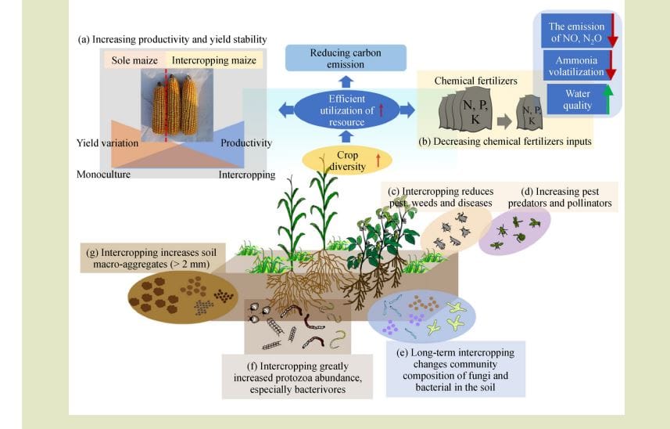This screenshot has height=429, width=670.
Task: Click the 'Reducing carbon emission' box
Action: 346,58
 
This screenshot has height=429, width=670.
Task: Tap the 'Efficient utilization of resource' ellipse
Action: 346,110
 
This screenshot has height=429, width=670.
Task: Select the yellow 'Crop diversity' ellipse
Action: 347,160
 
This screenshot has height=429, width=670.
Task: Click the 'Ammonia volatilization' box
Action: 576,66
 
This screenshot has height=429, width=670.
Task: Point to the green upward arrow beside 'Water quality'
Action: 607,99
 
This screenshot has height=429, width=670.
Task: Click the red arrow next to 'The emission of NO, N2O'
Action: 613,31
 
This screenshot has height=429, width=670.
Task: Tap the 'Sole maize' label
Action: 134,60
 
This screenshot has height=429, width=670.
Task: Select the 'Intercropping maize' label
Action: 214,60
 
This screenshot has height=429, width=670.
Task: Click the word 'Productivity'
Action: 246,142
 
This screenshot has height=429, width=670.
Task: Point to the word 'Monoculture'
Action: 103,174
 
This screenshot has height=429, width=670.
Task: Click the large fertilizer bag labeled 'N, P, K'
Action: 469,109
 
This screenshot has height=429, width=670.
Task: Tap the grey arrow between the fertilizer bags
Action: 504,121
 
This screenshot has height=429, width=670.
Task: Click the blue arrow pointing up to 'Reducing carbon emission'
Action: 346,81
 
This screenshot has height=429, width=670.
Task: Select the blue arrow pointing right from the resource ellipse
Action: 407,110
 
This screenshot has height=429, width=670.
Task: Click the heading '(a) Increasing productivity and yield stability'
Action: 172,39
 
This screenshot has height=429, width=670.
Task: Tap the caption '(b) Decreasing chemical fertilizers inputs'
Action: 505,141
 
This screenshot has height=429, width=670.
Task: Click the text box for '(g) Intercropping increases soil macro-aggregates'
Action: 152,258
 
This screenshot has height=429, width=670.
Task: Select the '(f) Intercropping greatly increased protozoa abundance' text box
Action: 297,377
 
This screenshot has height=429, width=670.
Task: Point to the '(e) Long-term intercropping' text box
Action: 456,370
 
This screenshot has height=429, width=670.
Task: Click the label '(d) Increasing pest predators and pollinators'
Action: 560,197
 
